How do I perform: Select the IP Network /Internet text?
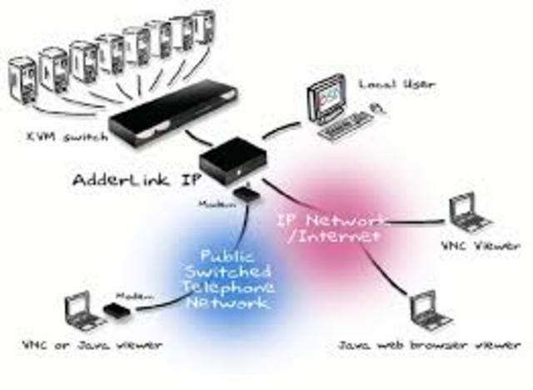pos(331,227)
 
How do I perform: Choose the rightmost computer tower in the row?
pos(202,29)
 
